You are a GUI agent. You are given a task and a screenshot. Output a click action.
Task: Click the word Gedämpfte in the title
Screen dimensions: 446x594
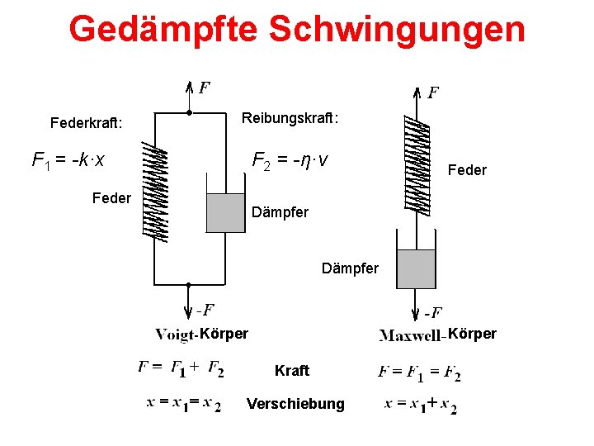pyautogui.click(x=163, y=29)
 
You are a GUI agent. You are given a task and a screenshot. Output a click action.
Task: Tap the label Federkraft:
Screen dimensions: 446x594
pyautogui.click(x=86, y=124)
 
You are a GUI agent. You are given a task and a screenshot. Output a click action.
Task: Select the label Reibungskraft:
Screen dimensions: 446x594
pyautogui.click(x=290, y=119)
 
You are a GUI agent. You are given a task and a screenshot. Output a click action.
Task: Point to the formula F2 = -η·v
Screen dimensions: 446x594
pyautogui.click(x=290, y=158)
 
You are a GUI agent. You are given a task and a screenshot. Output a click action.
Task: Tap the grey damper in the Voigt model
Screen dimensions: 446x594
pyautogui.click(x=224, y=212)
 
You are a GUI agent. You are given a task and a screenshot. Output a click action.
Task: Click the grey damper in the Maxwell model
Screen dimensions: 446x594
pyautogui.click(x=416, y=268)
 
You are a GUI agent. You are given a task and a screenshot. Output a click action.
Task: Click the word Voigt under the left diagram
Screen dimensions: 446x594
pyautogui.click(x=174, y=334)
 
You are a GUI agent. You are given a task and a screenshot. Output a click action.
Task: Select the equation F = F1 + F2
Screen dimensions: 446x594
pyautogui.click(x=181, y=368)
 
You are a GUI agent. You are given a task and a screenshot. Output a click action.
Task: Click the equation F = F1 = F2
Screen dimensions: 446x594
pyautogui.click(x=419, y=372)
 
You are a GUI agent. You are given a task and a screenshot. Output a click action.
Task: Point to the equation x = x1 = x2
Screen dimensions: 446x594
pyautogui.click(x=183, y=404)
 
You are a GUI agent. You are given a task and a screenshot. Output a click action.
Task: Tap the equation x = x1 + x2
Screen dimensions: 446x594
pyautogui.click(x=420, y=406)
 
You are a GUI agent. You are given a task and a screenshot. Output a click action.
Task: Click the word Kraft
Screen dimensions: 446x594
pyautogui.click(x=292, y=371)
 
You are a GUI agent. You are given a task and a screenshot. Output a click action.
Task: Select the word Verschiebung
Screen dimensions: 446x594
pyautogui.click(x=295, y=404)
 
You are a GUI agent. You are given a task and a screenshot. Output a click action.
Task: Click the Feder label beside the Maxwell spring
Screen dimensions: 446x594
pyautogui.click(x=467, y=170)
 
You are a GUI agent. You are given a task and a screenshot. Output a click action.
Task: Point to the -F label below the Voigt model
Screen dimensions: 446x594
pyautogui.click(x=205, y=310)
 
